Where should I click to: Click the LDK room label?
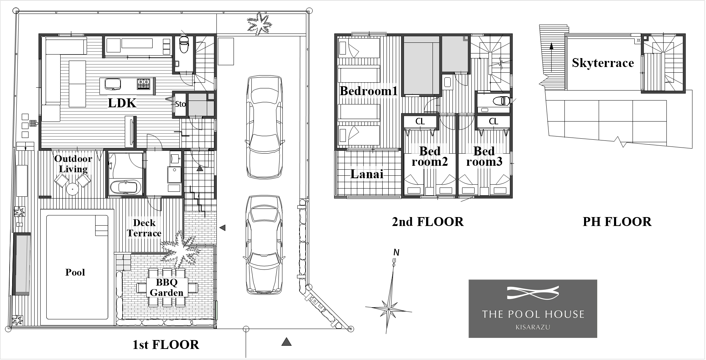(x=122, y=103)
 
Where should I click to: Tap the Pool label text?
(x=75, y=272)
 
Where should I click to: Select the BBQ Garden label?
(x=167, y=288)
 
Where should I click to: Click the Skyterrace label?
(x=603, y=63)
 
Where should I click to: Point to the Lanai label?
(x=367, y=174)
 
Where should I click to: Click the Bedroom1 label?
(x=369, y=91)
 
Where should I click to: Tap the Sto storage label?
(x=180, y=104)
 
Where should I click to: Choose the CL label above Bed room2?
(x=420, y=122)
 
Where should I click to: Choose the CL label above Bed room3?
(x=493, y=122)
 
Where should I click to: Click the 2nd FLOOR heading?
(x=428, y=222)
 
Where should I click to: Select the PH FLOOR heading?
(x=617, y=222)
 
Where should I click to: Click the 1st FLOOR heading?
(x=166, y=345)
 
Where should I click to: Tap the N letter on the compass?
(x=396, y=253)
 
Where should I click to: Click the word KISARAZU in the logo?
(x=533, y=327)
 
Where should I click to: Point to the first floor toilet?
(x=184, y=44)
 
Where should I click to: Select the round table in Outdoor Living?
(x=72, y=189)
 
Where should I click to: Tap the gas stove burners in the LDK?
(x=144, y=84)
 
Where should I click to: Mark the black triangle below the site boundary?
(x=286, y=342)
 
